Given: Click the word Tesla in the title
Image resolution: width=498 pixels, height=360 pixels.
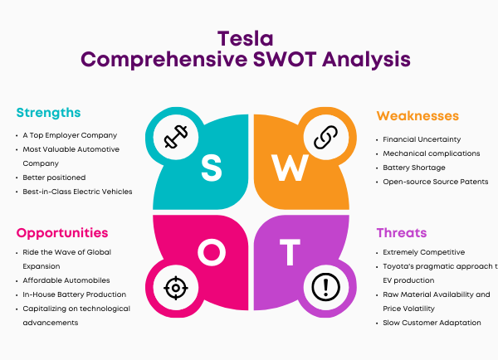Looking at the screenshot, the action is [x=245, y=39].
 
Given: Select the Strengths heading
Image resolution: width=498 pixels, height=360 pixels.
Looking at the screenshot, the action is [x=48, y=113].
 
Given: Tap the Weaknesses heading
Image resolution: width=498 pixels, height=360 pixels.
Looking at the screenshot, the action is [x=417, y=116].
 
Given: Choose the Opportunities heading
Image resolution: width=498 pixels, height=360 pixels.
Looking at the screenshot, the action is [x=62, y=233].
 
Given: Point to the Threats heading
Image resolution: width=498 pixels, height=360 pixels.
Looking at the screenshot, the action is [x=402, y=233].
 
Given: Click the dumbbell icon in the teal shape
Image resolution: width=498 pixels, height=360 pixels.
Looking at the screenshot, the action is [x=176, y=137].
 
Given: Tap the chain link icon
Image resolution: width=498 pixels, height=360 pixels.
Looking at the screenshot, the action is [x=325, y=137].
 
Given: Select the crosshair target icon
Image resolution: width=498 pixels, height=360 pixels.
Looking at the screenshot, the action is [x=176, y=288].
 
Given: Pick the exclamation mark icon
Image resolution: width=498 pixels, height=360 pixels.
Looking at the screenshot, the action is [x=325, y=287].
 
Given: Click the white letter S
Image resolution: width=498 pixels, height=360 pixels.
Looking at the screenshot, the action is [x=212, y=168].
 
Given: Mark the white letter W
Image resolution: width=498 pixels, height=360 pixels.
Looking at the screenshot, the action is [x=290, y=168].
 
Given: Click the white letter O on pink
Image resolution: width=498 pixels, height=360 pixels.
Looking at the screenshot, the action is [x=212, y=252].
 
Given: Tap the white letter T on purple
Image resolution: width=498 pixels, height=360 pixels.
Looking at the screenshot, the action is [x=290, y=252].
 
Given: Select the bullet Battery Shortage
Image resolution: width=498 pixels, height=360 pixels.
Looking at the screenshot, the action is [x=414, y=168].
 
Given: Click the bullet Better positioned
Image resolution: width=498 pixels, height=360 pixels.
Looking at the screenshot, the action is [x=54, y=178].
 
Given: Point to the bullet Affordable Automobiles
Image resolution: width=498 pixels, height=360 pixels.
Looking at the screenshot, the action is [x=66, y=280].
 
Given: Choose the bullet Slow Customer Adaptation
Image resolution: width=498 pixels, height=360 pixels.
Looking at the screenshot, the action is [x=432, y=323].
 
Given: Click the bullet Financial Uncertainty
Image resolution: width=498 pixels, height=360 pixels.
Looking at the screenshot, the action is [x=422, y=139].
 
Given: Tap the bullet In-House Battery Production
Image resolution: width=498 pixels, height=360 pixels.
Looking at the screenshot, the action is [x=75, y=294].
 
